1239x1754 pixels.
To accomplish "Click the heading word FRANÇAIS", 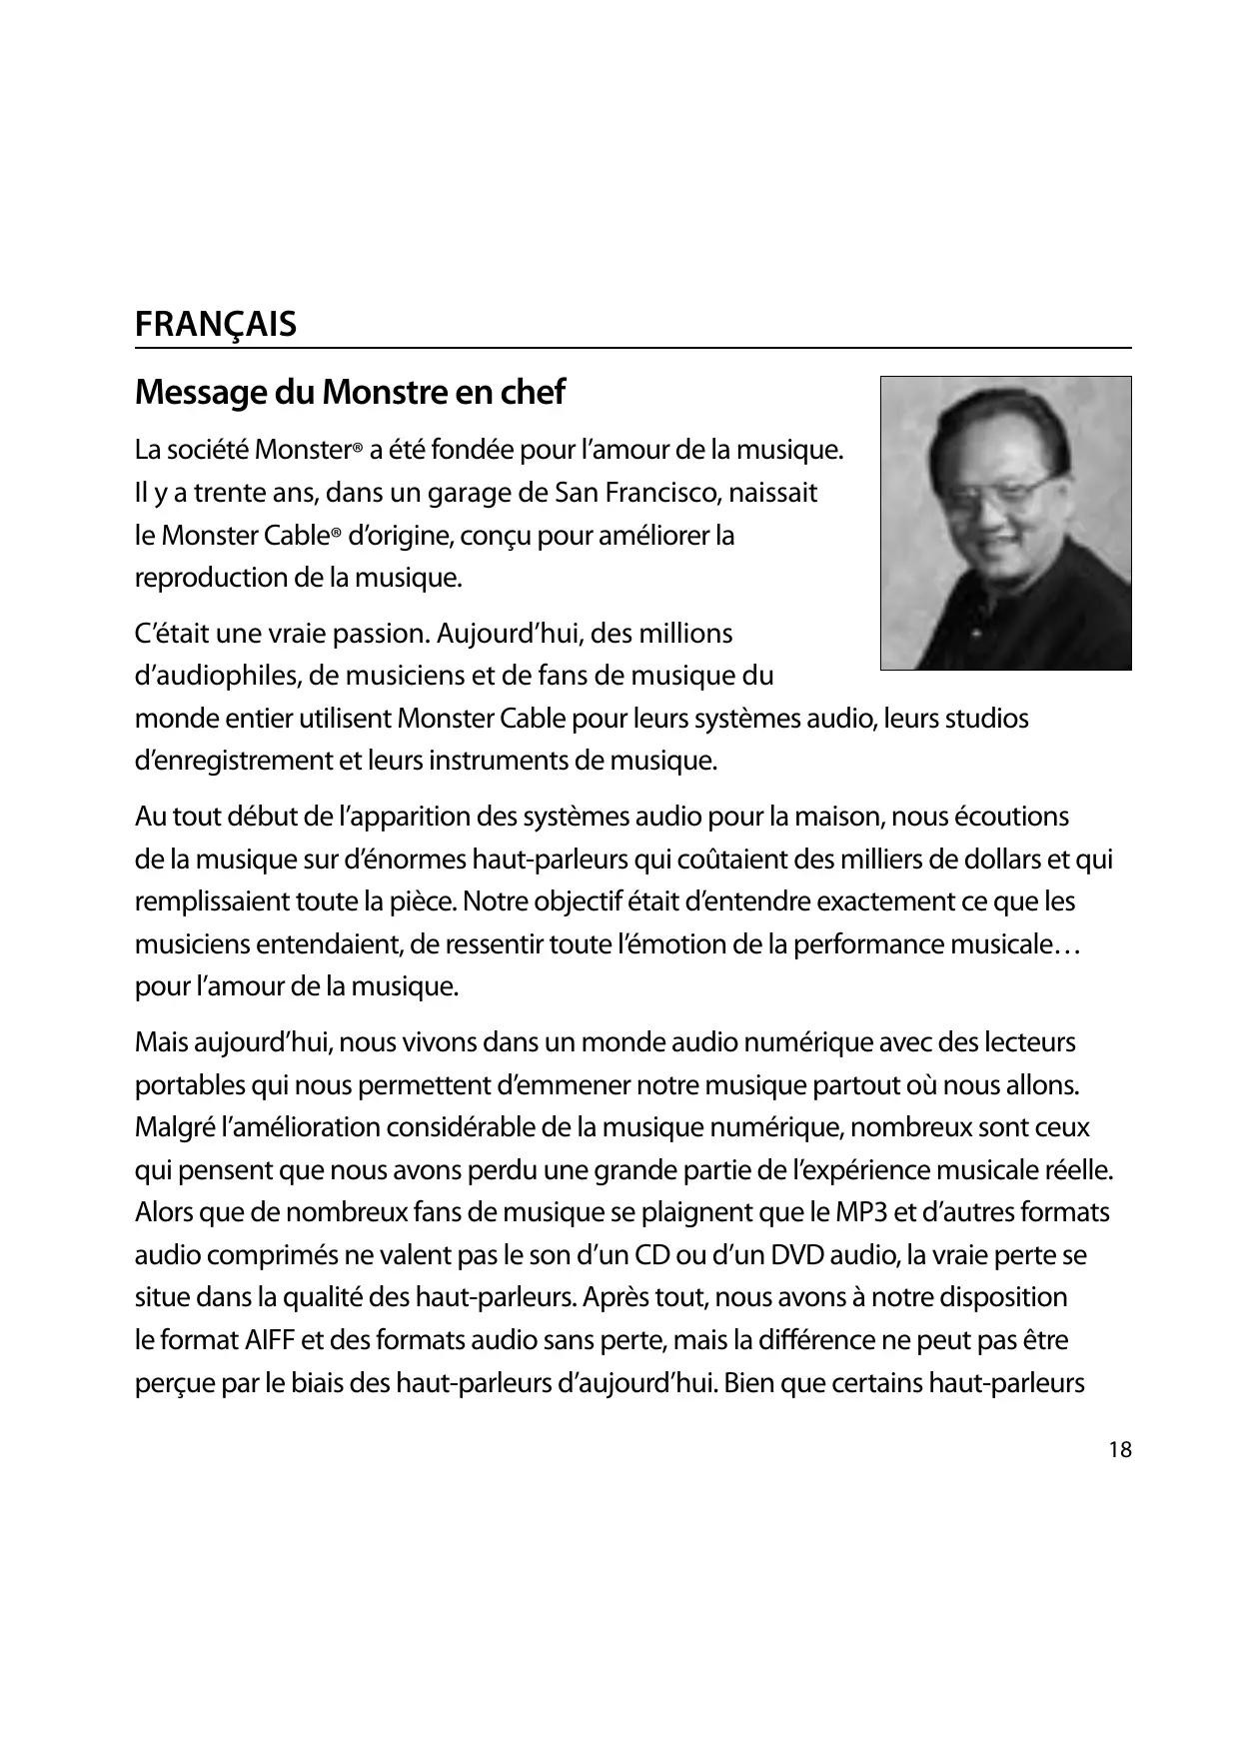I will click(x=216, y=325).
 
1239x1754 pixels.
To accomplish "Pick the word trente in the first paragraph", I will click(x=225, y=494).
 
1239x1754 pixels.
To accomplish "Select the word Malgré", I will click(x=174, y=1128).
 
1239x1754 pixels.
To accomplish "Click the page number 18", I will click(x=1120, y=1450).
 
